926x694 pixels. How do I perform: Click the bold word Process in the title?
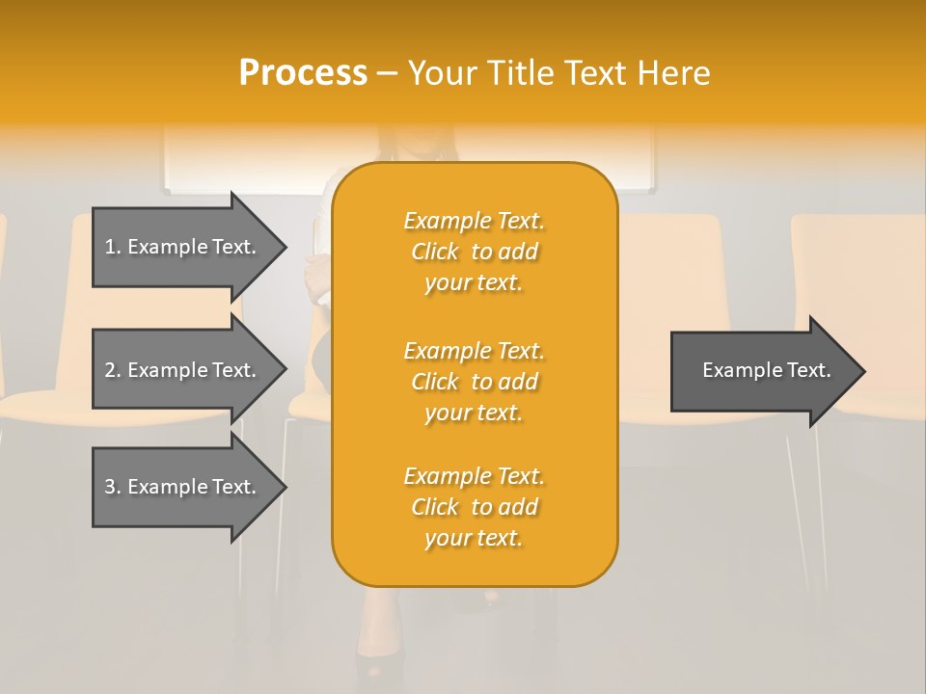tap(303, 73)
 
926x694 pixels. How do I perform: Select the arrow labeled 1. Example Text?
tap(183, 247)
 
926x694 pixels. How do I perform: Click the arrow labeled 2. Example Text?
tap(183, 370)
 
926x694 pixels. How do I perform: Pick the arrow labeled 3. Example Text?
tap(183, 487)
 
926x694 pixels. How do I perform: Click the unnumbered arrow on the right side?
tap(762, 370)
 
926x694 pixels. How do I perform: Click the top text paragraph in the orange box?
tap(474, 252)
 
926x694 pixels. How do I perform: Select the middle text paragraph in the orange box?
tap(474, 382)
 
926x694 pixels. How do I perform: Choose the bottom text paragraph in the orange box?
tap(474, 507)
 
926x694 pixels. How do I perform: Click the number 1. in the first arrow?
tap(113, 247)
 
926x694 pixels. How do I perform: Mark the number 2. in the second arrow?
tap(113, 370)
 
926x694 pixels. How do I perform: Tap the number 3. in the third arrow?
tap(113, 487)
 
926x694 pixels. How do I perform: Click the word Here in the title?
tap(674, 73)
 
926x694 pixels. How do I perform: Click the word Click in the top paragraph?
tap(435, 252)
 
